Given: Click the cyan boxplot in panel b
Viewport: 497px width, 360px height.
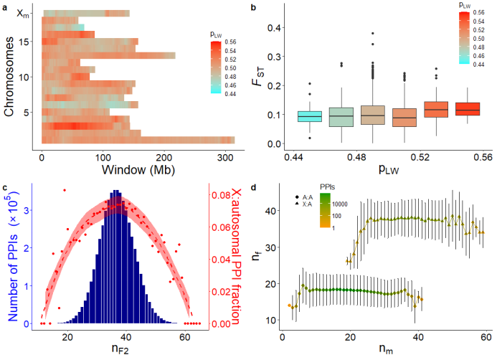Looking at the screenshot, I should tap(310, 116).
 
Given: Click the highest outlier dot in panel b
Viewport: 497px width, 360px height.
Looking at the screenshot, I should tap(372, 33).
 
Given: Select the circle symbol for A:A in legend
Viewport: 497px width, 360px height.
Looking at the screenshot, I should tap(296, 196).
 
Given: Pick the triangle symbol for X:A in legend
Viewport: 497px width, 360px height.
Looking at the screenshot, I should tap(296, 204).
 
